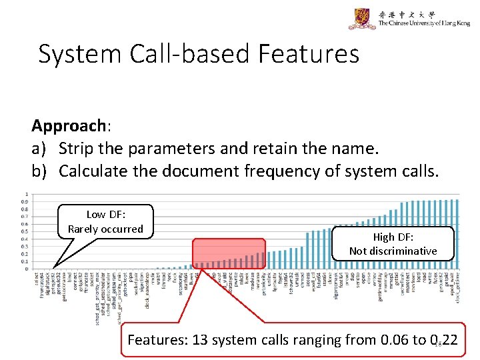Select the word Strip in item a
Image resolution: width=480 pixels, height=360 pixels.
pos(78,148)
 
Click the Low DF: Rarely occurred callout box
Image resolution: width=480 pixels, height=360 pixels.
pos(105,222)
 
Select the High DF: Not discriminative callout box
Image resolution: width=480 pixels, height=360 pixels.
pos(393,243)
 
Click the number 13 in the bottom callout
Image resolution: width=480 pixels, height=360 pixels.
pos(199,340)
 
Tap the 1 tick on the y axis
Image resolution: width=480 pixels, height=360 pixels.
pos(25,195)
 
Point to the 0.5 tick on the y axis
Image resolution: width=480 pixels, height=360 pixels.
pos(25,231)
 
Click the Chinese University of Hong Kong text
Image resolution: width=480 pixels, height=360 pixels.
pos(423,23)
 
